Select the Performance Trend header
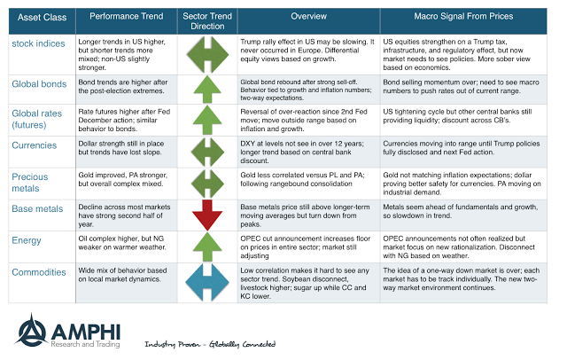(127, 17)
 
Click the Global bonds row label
(40, 83)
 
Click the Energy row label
(28, 240)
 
